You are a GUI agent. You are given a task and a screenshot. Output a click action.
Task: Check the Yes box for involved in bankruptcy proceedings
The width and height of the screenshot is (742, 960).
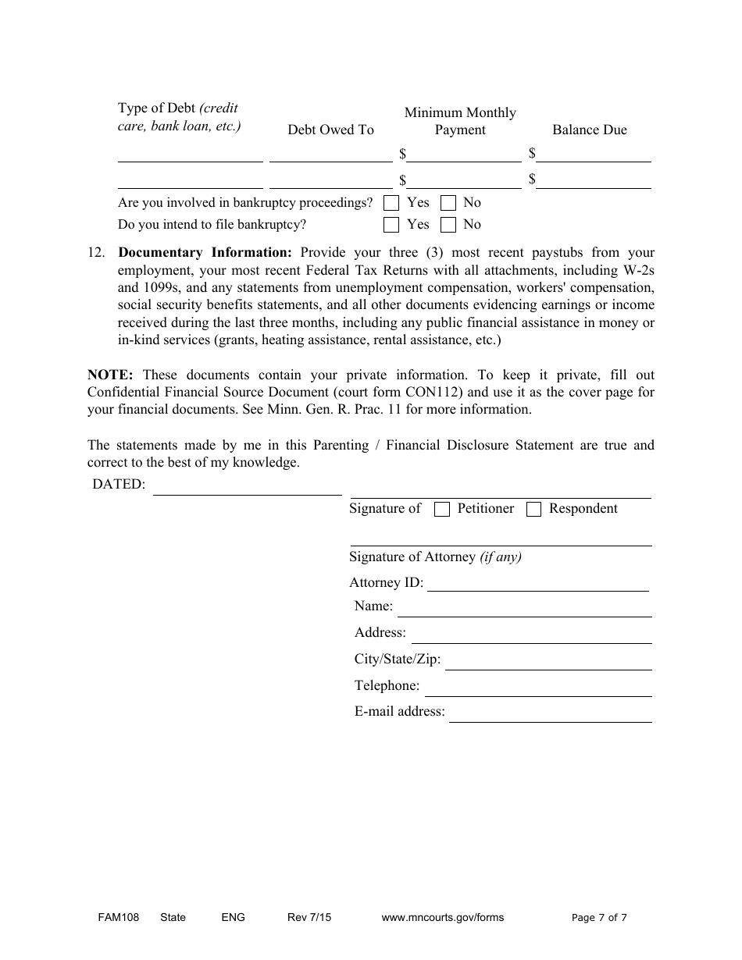point(392,203)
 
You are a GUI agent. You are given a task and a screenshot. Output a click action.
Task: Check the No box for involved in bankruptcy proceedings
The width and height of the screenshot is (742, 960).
point(448,203)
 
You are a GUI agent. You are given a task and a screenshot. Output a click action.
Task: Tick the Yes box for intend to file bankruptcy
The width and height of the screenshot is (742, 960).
point(392,225)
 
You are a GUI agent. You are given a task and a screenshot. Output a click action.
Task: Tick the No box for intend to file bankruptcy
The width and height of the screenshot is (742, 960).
point(448,225)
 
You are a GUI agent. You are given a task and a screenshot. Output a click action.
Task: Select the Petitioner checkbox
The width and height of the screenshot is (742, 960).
point(442,510)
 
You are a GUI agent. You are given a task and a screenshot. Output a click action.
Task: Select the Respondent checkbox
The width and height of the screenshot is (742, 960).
point(534,510)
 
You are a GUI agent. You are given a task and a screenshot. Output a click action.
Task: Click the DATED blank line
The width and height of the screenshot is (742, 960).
point(247,488)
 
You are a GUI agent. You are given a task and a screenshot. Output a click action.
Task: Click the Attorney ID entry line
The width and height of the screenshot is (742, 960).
point(537,585)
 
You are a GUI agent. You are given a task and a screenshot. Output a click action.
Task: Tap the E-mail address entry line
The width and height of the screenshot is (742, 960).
point(550,715)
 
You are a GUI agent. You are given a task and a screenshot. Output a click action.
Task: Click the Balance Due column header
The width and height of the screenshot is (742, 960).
point(590,130)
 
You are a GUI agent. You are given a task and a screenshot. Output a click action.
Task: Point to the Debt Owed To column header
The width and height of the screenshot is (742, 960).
point(330,130)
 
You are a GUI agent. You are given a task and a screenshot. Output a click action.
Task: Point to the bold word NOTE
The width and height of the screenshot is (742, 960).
point(110,375)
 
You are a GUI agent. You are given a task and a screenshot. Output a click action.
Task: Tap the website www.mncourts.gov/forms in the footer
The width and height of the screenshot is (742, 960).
point(442,918)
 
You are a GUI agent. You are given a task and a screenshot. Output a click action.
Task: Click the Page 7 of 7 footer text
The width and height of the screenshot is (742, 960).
point(599,918)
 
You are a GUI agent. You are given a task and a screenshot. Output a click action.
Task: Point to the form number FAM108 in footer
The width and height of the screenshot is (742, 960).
point(113,918)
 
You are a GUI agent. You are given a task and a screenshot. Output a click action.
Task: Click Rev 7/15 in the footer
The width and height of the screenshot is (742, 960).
point(309,918)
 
